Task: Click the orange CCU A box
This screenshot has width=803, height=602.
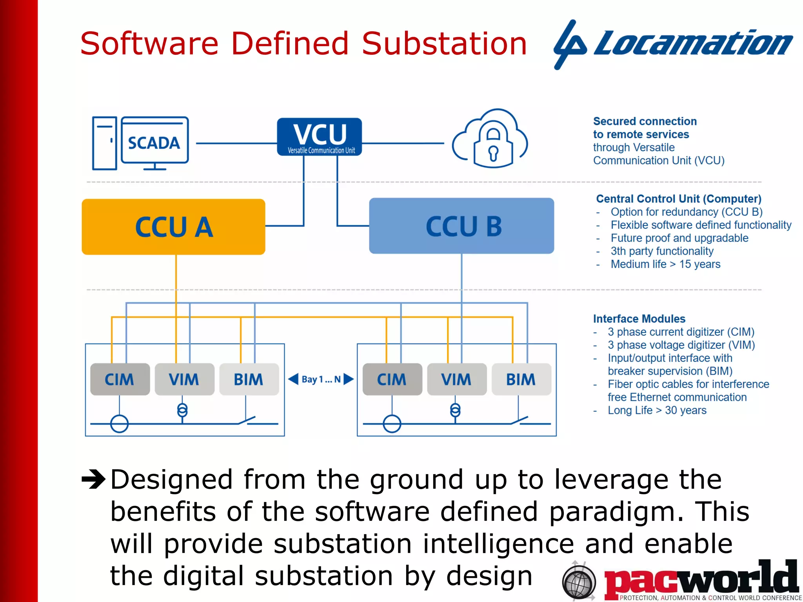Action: pos(173,227)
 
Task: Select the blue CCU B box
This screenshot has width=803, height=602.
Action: pos(461,226)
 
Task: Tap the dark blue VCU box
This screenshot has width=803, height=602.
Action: pos(319,137)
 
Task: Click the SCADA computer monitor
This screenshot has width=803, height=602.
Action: pos(154,140)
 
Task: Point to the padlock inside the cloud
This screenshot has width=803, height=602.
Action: pos(493,145)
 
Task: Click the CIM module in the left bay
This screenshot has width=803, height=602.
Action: pos(120,379)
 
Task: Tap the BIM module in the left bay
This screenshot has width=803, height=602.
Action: pos(249,379)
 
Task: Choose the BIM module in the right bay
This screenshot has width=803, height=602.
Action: pos(521,379)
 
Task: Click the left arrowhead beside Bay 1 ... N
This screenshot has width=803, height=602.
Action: pos(293,379)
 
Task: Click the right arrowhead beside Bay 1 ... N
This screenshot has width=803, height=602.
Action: pos(348,379)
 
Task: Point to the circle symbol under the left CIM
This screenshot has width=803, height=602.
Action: pos(119,424)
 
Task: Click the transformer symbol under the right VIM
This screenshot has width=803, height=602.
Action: pos(455,410)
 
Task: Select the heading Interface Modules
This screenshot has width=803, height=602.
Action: pos(639,319)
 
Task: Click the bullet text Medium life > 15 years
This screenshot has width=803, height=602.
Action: pos(665,264)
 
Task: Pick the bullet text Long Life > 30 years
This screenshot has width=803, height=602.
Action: pos(657,410)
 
